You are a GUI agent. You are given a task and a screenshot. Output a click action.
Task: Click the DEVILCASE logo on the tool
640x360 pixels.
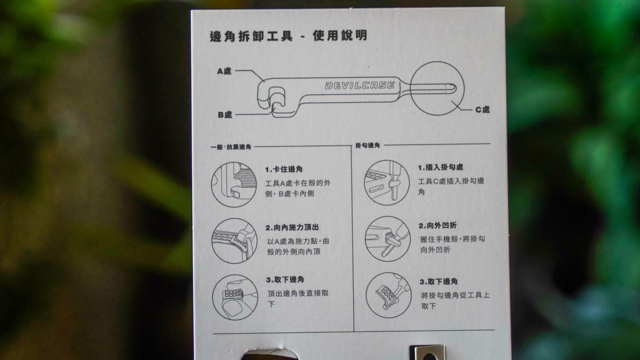(x=360, y=85)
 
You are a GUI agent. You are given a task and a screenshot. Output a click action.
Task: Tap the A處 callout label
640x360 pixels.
(x=225, y=71)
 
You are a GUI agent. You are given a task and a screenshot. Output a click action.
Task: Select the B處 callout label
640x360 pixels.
(x=225, y=115)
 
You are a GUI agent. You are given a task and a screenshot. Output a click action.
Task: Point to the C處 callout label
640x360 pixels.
(x=483, y=109)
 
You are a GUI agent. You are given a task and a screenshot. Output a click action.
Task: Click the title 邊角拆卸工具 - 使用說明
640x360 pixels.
(x=289, y=36)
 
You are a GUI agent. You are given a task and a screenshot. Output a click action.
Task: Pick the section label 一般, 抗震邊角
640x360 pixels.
(x=231, y=147)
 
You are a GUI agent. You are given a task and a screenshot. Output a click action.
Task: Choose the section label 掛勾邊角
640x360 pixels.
(x=367, y=146)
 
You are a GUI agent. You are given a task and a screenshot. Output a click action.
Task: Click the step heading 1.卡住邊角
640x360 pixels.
(x=284, y=170)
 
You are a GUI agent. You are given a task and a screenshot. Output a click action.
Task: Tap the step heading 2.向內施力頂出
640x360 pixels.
(x=292, y=227)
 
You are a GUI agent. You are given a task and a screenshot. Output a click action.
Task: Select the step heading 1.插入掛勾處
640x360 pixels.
(x=441, y=167)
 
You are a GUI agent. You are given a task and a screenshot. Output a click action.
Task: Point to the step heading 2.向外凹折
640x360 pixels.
(x=438, y=226)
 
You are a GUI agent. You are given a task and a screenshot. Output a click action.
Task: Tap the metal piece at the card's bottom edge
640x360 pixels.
(x=427, y=353)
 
